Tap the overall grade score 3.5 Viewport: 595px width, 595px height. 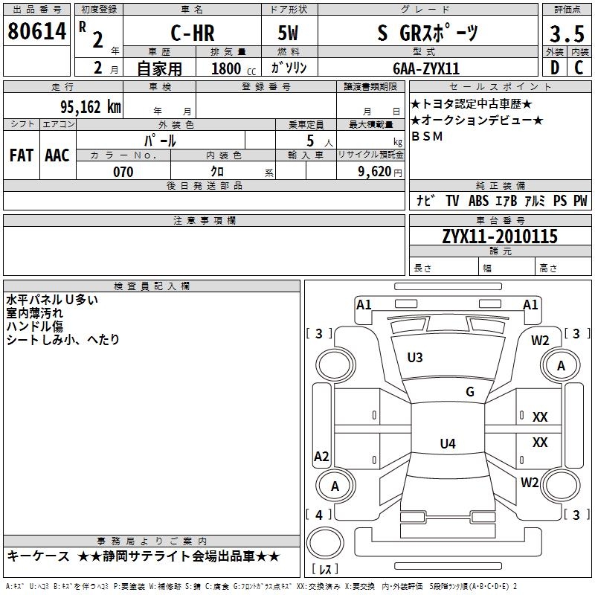click(x=566, y=34)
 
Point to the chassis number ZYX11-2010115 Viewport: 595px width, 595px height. click(x=499, y=237)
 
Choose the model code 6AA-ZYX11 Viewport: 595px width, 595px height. click(x=425, y=68)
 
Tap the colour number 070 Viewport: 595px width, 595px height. click(x=123, y=172)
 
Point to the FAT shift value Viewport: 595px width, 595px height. click(x=21, y=155)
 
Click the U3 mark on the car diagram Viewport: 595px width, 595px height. click(x=415, y=358)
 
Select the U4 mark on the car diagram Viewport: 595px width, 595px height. click(x=447, y=444)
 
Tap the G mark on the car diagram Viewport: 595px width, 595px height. click(x=470, y=392)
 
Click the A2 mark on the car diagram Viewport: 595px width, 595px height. click(x=321, y=456)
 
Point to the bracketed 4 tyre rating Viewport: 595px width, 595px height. click(x=319, y=515)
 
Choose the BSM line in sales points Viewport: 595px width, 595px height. click(x=427, y=136)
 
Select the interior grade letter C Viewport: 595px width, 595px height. click(x=579, y=68)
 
